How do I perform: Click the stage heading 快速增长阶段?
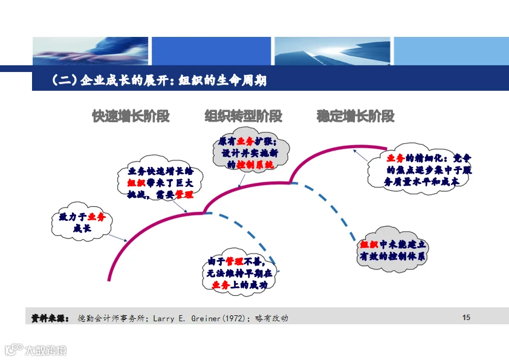point(131,116)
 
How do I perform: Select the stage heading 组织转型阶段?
point(243,116)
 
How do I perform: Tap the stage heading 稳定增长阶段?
point(355,116)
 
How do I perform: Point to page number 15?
point(465,318)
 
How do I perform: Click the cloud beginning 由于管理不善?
point(240,273)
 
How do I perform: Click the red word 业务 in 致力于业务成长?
point(96,217)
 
